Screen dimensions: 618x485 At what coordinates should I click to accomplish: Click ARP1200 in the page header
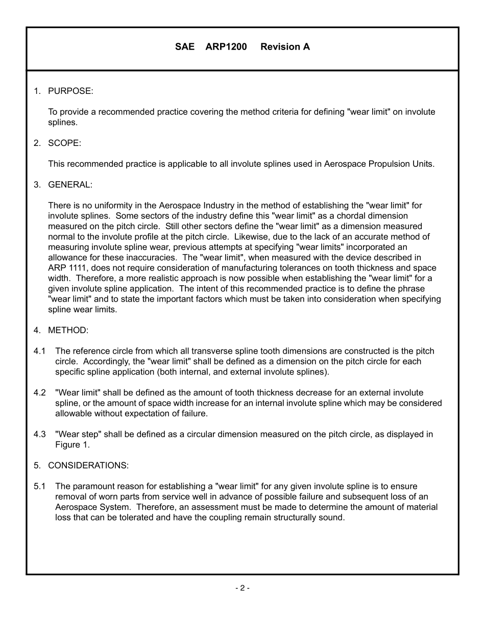pos(226,47)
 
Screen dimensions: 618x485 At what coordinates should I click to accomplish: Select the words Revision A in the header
pos(285,47)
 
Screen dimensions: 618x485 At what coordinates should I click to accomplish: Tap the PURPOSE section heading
pos(70,91)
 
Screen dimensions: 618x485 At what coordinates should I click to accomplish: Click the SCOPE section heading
pos(64,143)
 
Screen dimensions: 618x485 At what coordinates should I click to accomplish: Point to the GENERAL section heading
pos(70,185)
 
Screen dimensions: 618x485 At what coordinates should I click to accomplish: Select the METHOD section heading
pos(68,330)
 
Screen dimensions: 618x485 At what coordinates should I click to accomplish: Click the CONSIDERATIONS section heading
pos(88,465)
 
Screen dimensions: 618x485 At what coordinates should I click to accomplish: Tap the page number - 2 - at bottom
pos(242,588)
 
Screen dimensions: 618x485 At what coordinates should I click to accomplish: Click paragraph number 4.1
pos(40,351)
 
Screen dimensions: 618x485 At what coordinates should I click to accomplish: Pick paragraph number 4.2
pos(40,393)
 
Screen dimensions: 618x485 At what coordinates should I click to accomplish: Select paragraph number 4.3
pos(40,434)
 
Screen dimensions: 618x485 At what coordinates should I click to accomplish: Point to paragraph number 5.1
pos(40,486)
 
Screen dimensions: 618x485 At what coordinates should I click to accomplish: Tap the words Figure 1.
pos(72,445)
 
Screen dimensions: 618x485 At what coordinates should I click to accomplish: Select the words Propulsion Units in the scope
pos(401,164)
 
